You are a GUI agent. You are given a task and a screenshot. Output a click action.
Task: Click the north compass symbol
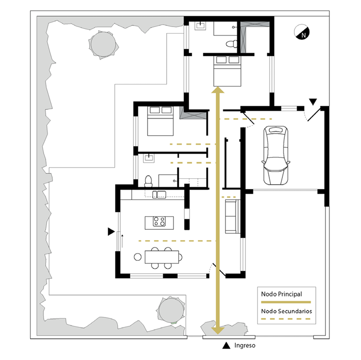(x=302, y=32)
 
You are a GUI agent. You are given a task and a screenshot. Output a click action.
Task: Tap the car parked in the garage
(x=275, y=155)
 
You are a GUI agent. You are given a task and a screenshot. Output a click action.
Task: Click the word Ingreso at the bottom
(x=245, y=345)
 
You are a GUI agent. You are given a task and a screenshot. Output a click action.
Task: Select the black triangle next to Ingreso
(x=226, y=345)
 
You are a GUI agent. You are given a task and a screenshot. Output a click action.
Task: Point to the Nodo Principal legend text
(x=281, y=294)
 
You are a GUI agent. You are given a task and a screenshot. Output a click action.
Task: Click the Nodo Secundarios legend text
(x=286, y=311)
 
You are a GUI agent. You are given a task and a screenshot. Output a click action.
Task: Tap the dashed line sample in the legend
(x=286, y=319)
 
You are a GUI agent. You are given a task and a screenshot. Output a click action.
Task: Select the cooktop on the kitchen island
(x=159, y=221)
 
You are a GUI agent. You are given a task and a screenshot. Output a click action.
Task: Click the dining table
(x=162, y=257)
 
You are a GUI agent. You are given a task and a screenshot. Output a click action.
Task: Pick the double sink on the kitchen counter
(x=159, y=194)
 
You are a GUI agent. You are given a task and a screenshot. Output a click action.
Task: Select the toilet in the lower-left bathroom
(x=148, y=181)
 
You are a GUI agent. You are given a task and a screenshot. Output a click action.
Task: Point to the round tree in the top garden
(x=103, y=45)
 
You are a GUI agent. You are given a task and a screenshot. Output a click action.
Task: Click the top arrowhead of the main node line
(x=218, y=89)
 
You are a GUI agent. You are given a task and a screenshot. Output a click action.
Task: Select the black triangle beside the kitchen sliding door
(x=111, y=231)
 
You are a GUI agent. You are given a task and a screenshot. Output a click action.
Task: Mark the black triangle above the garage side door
(x=313, y=101)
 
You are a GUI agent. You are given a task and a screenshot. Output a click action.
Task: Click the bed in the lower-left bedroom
(x=160, y=121)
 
